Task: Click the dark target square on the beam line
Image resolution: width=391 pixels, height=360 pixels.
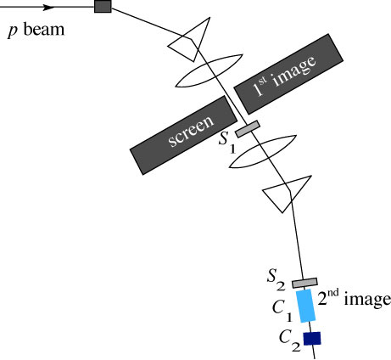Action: tap(103, 6)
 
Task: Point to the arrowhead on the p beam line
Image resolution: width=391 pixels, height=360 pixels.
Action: tap(47, 8)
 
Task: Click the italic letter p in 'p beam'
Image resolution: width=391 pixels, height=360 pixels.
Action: tap(13, 31)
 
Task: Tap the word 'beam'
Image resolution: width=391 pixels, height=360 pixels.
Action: tap(44, 29)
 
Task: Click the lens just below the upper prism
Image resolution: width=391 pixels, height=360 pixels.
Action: tap(209, 70)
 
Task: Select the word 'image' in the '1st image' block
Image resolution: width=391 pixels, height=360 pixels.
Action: tap(295, 70)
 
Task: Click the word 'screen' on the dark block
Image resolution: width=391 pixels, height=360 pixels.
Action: tap(191, 132)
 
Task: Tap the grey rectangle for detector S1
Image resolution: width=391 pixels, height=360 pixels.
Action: tap(248, 129)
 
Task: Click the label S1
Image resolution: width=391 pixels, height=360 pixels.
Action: tap(227, 142)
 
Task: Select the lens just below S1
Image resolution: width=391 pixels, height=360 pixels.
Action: tap(263, 152)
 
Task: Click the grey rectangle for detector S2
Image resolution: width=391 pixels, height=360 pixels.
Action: tap(304, 283)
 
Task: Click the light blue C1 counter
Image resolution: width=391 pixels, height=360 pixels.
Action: tap(305, 306)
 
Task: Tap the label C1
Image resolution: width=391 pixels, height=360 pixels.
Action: tap(282, 311)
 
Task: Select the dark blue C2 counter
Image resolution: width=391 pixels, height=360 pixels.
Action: tap(312, 339)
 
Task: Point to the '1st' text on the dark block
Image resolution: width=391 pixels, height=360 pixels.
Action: tap(260, 87)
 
